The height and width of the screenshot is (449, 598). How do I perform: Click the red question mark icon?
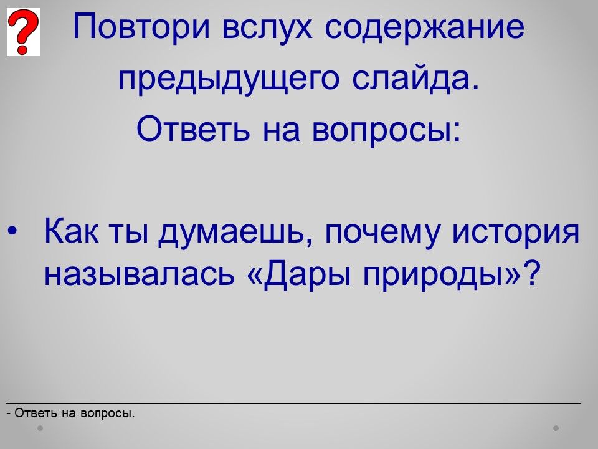click(x=23, y=32)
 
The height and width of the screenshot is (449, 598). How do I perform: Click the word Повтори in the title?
click(x=141, y=27)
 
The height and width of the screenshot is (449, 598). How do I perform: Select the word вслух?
click(x=267, y=27)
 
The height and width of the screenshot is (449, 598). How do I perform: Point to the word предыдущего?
click(x=229, y=80)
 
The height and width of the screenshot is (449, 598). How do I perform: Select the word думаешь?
click(x=229, y=232)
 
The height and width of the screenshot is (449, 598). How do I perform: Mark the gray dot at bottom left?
click(x=40, y=428)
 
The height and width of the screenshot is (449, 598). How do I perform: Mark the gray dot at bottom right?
click(x=556, y=428)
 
